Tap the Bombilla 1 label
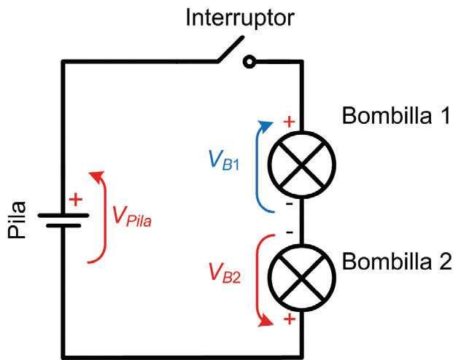point(396,117)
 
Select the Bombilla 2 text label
point(398,261)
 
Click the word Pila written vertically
point(17,219)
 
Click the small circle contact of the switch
point(250,63)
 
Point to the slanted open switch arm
point(228,50)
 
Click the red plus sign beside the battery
point(75,199)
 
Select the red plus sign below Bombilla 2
point(289,318)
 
